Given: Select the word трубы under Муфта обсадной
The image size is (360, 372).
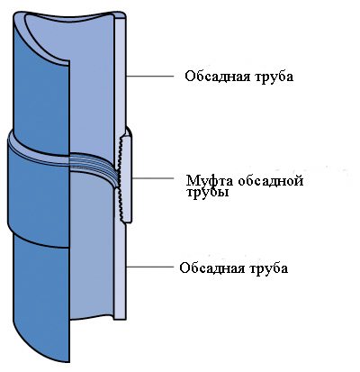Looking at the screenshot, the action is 207,191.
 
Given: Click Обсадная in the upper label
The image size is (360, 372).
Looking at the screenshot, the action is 217,77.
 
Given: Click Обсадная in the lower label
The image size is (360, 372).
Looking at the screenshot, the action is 211,268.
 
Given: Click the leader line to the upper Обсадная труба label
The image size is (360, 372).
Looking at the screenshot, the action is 149,77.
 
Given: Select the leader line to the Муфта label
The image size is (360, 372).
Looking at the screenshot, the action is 153,178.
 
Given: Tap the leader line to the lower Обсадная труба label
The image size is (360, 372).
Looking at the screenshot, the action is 150,267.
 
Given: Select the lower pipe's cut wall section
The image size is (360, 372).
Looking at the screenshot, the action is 121,270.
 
